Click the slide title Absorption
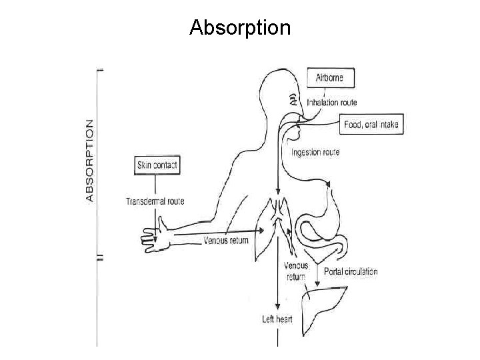click(x=240, y=27)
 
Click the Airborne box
click(x=330, y=77)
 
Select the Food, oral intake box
click(x=373, y=125)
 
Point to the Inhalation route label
click(x=331, y=103)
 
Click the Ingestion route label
click(x=315, y=153)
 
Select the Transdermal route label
click(x=155, y=201)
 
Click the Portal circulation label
click(x=351, y=271)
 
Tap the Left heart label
click(x=277, y=319)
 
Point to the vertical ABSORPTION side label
click(x=90, y=160)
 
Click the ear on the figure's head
click(x=293, y=100)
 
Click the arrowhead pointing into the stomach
click(x=327, y=182)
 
